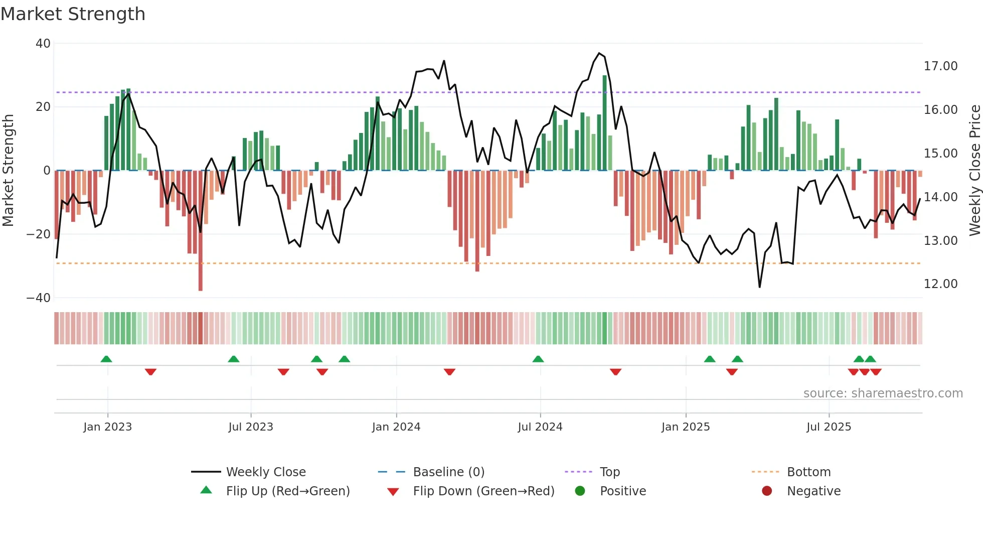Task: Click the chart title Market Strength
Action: tap(73, 14)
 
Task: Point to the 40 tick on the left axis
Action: tap(43, 44)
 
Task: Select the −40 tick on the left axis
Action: tap(39, 298)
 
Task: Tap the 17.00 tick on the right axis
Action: tap(940, 66)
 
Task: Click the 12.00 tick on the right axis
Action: tap(940, 284)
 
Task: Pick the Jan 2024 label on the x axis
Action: tap(396, 427)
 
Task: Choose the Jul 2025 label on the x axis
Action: tap(829, 427)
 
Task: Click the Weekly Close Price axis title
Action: tap(974, 171)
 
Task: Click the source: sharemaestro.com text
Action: tap(883, 393)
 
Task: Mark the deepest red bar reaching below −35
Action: tap(201, 231)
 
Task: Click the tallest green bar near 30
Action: tap(605, 123)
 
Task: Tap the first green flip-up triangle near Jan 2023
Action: tap(106, 359)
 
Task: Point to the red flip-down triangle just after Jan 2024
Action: tap(449, 372)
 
